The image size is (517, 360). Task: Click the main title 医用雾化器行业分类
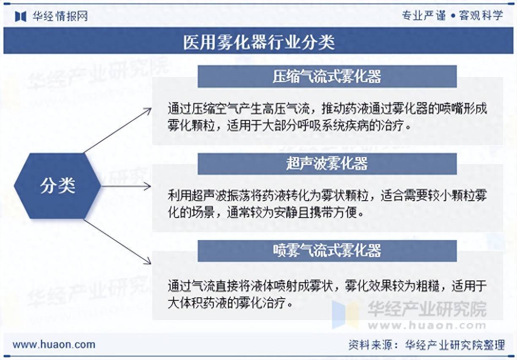coord(258,42)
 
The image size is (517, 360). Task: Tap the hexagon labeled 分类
coord(58,185)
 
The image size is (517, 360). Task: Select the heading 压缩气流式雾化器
coord(327,76)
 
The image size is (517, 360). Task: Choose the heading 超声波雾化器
coord(327,164)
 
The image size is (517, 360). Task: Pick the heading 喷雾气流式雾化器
coord(327,251)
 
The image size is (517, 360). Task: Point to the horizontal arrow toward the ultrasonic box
coord(127,186)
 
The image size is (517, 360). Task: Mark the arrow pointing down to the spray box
coord(118,242)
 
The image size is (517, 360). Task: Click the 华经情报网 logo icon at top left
coord(21,16)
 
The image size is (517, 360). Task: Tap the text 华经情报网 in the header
coord(60,16)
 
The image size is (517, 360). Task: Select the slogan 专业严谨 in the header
coord(423,16)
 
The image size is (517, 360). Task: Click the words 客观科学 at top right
coord(481,16)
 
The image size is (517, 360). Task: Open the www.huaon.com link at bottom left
coord(54,344)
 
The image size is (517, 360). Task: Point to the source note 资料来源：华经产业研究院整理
coord(427,345)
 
